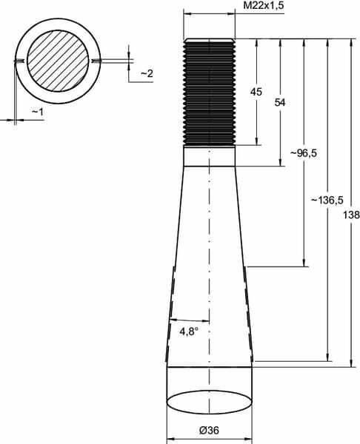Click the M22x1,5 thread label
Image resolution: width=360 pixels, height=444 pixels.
click(x=263, y=5)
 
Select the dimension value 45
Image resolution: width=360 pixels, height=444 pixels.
click(x=256, y=92)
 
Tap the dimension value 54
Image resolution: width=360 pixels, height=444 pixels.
click(x=280, y=102)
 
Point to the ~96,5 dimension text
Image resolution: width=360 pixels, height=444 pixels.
click(x=303, y=153)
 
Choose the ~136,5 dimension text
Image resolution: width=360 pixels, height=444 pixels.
click(x=327, y=200)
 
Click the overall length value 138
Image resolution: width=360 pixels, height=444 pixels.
click(x=351, y=215)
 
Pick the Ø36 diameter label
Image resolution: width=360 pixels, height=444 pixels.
click(x=209, y=431)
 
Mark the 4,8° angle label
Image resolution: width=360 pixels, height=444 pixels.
click(x=188, y=331)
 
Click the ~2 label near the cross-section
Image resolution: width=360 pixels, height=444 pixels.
click(x=147, y=73)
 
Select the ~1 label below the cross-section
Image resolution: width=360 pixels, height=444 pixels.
click(x=38, y=112)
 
